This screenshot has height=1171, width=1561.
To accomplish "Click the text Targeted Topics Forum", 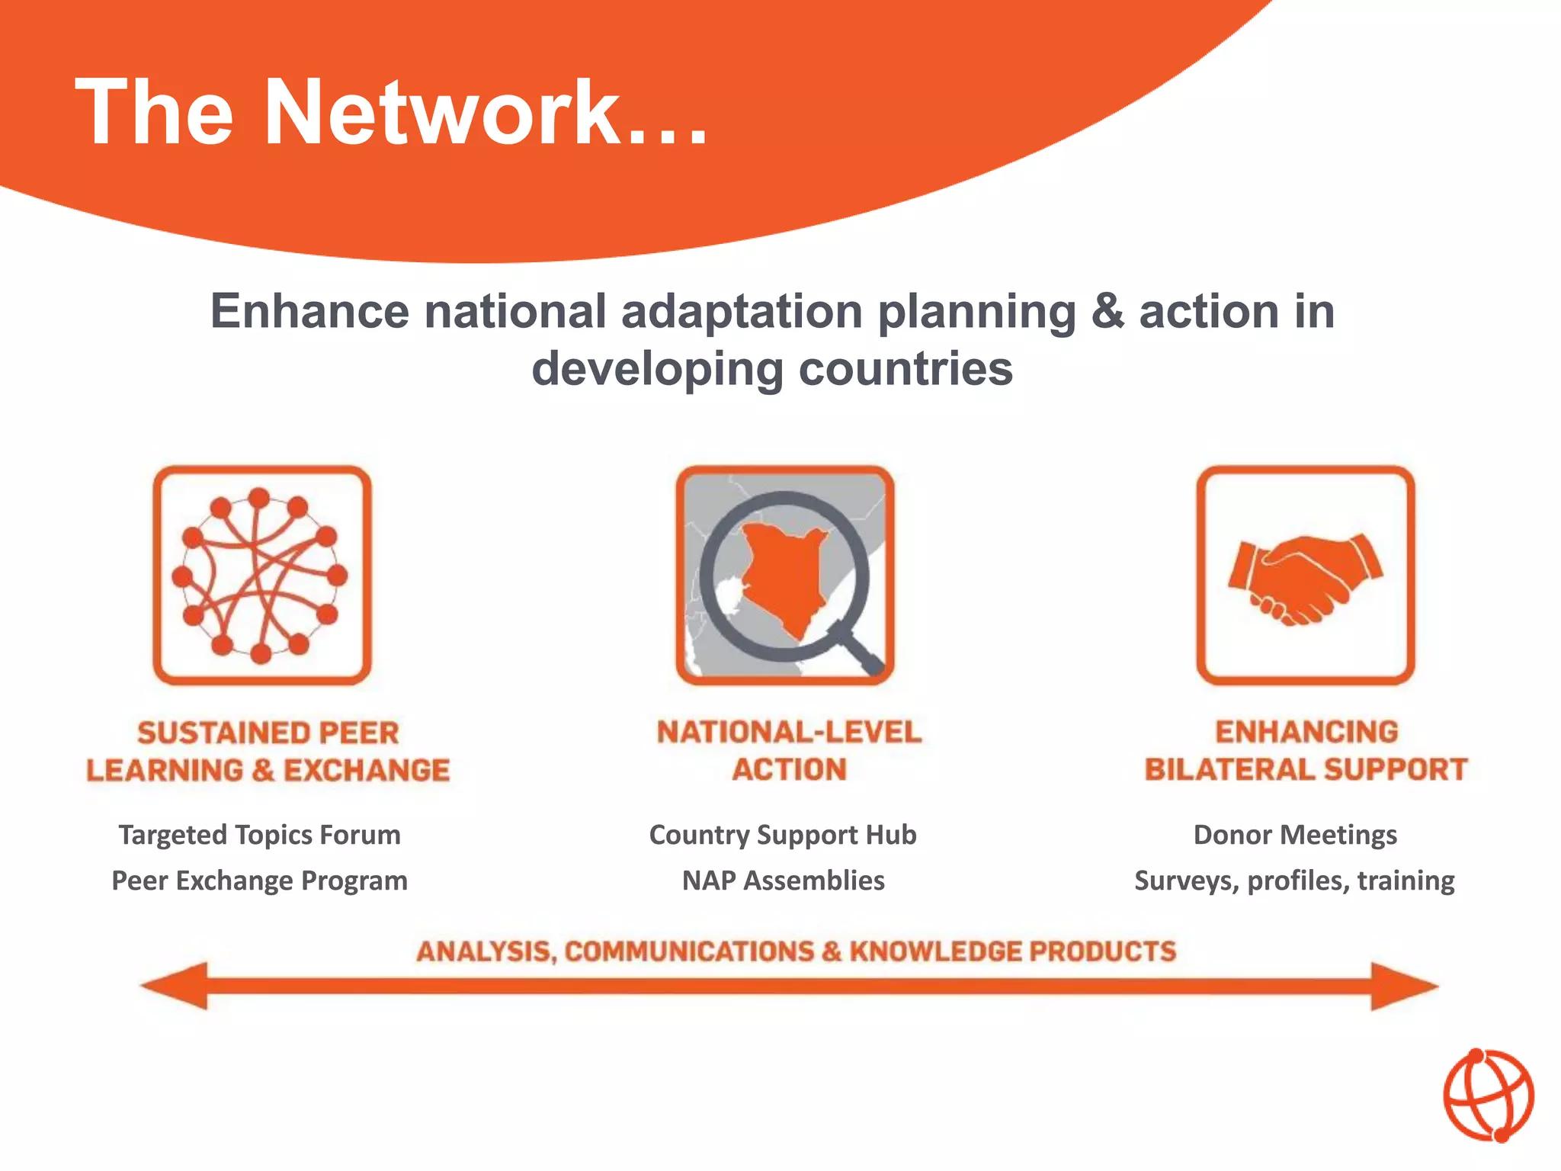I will [259, 835].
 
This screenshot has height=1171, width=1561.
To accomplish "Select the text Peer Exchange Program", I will [259, 881].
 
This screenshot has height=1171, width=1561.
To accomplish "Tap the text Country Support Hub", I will [783, 835].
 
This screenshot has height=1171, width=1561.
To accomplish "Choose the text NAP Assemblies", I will [783, 881].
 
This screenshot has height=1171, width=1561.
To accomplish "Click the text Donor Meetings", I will [1295, 835].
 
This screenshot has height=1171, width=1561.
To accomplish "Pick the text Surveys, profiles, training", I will [1294, 881].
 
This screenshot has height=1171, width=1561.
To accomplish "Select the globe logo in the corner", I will [1488, 1096].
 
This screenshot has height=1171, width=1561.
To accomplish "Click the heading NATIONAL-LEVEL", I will [789, 732].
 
